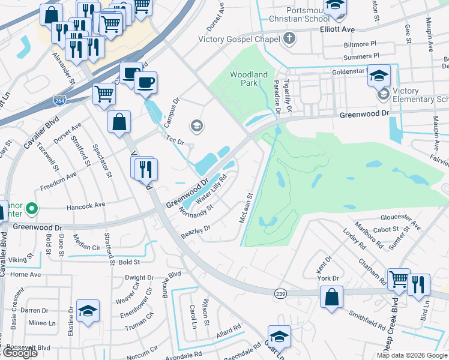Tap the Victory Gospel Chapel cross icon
(x=289, y=40)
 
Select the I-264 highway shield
(x=59, y=100)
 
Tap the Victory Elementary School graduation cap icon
(x=383, y=94)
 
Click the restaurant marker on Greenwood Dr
(x=145, y=169)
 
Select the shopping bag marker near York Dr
(x=331, y=296)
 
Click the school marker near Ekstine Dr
(x=88, y=311)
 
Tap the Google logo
(x=20, y=353)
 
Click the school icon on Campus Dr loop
(x=196, y=126)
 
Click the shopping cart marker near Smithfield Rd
(x=398, y=279)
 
